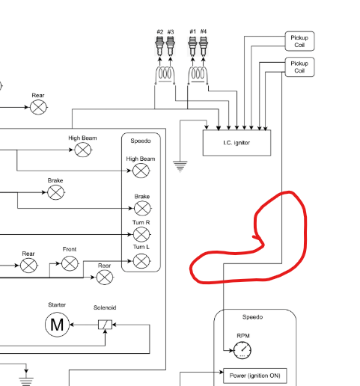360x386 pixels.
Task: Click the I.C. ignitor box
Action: click(x=237, y=143)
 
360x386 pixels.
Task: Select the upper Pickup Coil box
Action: click(x=299, y=41)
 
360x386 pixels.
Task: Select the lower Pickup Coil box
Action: click(x=299, y=67)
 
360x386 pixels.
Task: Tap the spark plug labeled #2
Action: click(x=159, y=46)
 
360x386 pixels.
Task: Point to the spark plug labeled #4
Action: click(x=204, y=46)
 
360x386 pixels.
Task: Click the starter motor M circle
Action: click(x=57, y=325)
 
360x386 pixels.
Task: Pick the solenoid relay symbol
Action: click(x=105, y=325)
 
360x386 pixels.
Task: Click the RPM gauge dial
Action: click(x=242, y=350)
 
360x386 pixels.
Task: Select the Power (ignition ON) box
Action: click(x=254, y=376)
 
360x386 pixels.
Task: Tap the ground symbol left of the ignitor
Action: click(x=180, y=167)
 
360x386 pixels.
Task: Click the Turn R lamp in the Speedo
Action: click(x=141, y=234)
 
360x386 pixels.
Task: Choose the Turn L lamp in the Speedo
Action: click(x=141, y=261)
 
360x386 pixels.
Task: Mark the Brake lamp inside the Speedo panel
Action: click(x=142, y=208)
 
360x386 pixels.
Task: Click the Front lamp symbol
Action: click(x=70, y=263)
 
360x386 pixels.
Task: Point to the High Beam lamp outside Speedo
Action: click(x=83, y=150)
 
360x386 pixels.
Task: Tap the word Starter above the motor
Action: click(x=57, y=304)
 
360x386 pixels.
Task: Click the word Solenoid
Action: click(x=105, y=307)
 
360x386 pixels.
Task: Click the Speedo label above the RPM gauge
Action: click(x=252, y=317)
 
